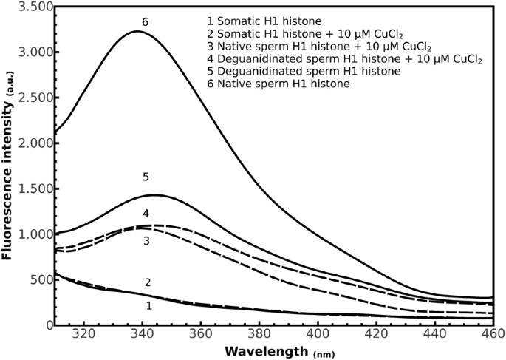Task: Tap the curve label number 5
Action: (146, 177)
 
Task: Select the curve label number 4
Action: (146, 214)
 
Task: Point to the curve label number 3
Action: (146, 241)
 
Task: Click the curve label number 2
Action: (148, 282)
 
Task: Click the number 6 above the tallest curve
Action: (145, 23)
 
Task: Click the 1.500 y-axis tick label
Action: (34, 189)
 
